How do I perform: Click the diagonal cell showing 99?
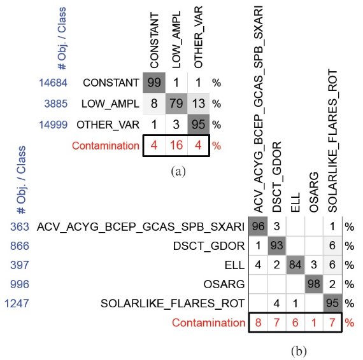[154, 83]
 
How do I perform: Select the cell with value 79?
[176, 103]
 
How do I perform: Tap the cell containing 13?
[199, 103]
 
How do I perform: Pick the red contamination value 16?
[176, 146]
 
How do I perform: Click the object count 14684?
[53, 83]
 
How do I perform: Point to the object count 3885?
[56, 104]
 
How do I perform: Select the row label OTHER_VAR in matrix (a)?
[108, 125]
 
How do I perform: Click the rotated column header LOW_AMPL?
[176, 40]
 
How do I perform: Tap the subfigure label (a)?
[178, 172]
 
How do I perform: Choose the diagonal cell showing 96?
[258, 226]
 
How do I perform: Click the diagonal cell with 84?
[295, 265]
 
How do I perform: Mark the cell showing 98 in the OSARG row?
[314, 284]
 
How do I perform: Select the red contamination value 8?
[258, 322]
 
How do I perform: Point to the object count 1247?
[17, 303]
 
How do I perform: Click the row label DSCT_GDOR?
[209, 246]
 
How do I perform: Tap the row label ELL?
[234, 265]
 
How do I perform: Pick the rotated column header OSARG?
[314, 192]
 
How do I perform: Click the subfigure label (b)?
[299, 352]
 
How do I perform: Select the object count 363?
[20, 226]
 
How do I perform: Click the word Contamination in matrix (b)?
[209, 322]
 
